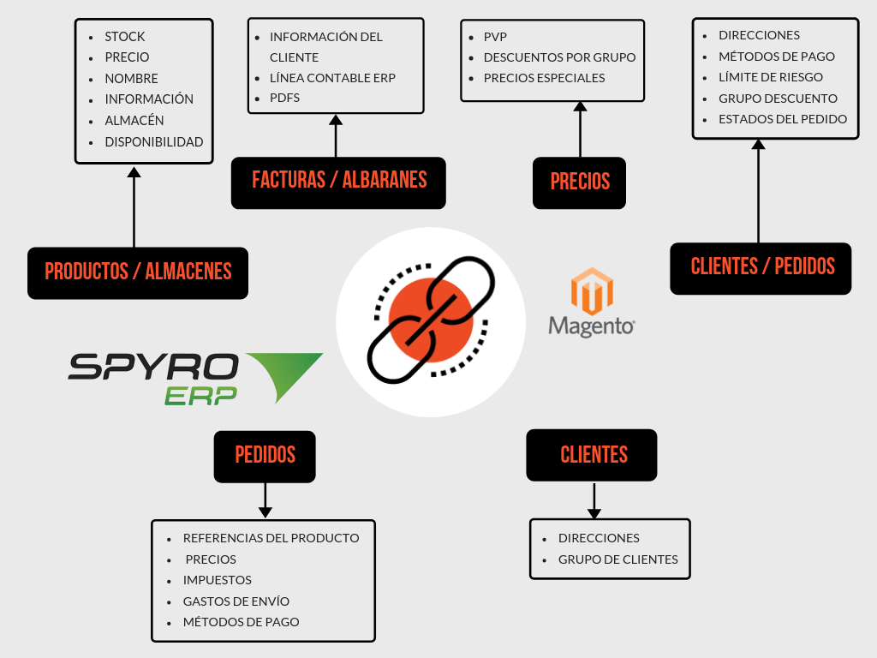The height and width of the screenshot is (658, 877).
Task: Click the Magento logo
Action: click(592, 302)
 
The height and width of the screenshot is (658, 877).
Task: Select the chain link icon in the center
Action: click(430, 321)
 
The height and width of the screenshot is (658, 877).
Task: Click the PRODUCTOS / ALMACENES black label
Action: click(138, 272)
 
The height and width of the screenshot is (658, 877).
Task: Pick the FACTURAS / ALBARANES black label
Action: click(338, 182)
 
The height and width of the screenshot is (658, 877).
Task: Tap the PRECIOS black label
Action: click(580, 182)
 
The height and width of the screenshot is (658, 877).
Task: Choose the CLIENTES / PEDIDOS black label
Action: click(761, 266)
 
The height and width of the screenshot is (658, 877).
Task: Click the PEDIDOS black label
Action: click(265, 456)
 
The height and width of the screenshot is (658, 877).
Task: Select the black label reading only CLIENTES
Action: click(593, 455)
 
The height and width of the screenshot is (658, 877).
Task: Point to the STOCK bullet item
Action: click(125, 37)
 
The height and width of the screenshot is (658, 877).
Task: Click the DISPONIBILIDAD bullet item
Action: click(153, 141)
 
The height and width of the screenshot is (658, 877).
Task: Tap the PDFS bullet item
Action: click(284, 98)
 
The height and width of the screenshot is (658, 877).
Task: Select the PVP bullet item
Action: click(495, 37)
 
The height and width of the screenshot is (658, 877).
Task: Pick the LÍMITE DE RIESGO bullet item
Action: click(770, 77)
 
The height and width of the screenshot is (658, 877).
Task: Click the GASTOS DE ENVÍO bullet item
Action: click(236, 601)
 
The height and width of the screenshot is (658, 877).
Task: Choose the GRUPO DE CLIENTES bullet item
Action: click(617, 559)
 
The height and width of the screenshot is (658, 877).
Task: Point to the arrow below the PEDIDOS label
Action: click(265, 500)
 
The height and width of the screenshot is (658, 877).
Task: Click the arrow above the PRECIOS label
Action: click(580, 129)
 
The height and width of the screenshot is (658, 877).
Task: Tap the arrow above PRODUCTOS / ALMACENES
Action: click(134, 206)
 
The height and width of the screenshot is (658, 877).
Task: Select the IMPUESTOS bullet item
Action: click(217, 580)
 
